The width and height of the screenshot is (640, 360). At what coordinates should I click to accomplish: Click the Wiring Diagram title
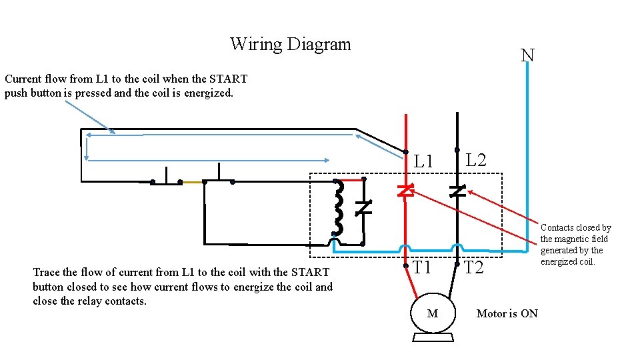click(x=290, y=45)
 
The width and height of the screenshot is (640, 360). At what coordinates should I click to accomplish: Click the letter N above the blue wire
click(x=527, y=55)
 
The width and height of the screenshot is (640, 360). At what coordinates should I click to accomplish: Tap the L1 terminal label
click(x=423, y=161)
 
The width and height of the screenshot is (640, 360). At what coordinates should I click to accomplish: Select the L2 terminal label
click(x=475, y=160)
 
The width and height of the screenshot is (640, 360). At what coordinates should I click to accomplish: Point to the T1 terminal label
click(x=422, y=268)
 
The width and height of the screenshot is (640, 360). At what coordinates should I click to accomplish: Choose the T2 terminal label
click(x=473, y=268)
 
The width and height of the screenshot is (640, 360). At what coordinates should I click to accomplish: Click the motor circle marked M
click(x=432, y=313)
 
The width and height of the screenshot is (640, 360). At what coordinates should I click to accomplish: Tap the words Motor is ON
click(x=507, y=313)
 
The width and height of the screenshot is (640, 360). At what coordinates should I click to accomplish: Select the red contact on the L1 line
click(x=405, y=191)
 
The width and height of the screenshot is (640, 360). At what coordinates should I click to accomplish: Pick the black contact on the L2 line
click(x=457, y=191)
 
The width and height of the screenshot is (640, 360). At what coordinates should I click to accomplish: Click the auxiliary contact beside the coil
click(x=363, y=208)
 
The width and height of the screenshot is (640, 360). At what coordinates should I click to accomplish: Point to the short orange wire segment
click(x=192, y=181)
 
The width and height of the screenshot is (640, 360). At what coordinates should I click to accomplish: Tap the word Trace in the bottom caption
click(x=47, y=272)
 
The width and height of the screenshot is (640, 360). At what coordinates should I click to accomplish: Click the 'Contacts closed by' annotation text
click(x=575, y=228)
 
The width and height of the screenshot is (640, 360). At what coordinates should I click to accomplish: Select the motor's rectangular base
click(x=433, y=337)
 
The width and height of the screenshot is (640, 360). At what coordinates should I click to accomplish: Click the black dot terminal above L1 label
click(x=405, y=152)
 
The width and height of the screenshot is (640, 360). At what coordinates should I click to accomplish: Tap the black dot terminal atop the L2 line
click(x=457, y=149)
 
